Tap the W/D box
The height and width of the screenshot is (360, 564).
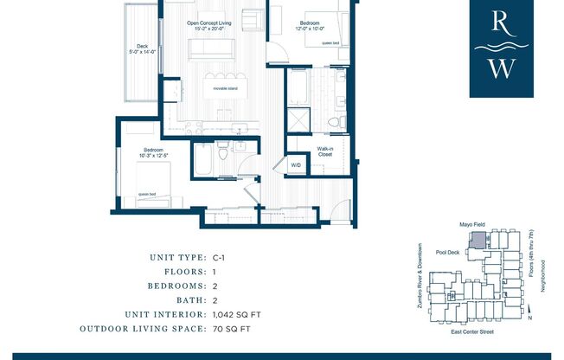(x=296, y=164)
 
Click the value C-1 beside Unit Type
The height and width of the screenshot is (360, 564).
(x=220, y=257)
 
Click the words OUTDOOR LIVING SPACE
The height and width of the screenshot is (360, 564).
(x=142, y=329)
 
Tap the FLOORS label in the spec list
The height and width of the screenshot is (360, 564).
(x=184, y=271)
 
